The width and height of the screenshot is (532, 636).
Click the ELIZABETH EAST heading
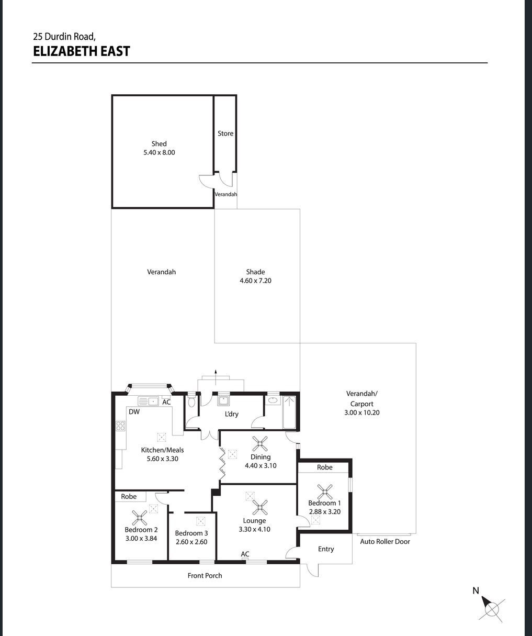coord(81,51)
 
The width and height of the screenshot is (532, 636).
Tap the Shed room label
coord(159,143)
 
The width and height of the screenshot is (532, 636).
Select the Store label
coord(225,133)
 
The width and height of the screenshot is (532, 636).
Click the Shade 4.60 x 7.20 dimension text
coord(255,281)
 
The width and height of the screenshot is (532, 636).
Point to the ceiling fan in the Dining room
coord(260,443)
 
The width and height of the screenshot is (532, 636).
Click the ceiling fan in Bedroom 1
coord(325,492)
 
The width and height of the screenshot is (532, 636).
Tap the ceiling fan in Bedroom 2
coord(140,518)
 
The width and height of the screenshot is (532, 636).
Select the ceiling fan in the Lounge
coord(260,507)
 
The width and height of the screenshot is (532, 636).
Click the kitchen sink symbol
coord(148,401)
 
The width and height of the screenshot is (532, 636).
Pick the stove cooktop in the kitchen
coord(120,426)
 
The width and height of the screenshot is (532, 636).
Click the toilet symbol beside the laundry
coord(191,401)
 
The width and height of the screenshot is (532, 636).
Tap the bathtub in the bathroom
coord(289,412)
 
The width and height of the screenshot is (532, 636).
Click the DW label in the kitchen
coord(134,412)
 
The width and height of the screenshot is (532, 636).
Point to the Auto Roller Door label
coord(385,541)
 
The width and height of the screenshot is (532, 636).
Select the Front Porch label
coord(205,575)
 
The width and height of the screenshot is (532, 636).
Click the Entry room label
coord(326,549)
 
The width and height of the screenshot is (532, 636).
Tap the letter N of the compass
coord(476,591)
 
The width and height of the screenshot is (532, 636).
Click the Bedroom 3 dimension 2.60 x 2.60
coord(191,542)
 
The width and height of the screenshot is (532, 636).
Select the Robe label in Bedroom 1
coord(325,467)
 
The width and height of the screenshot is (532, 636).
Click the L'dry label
coord(232,414)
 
